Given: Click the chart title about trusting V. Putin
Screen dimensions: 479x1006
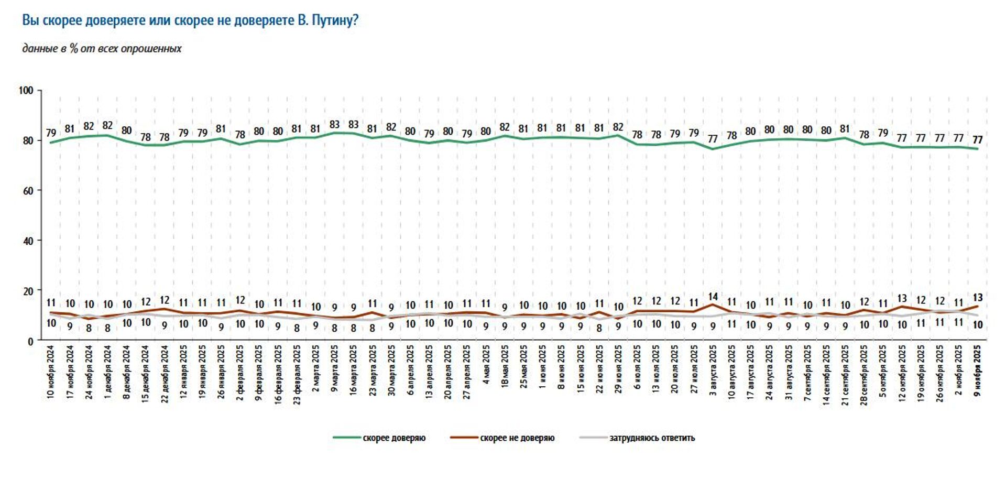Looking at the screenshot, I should point(190,20).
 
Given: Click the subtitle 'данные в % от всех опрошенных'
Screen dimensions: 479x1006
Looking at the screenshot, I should point(102,49).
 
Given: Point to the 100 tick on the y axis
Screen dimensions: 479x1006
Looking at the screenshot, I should point(26,91).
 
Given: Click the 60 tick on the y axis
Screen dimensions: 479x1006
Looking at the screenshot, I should point(28,191).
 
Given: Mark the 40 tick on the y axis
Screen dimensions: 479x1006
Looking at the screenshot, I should point(28,241).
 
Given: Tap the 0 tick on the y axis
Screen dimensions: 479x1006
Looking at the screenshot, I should point(30,342).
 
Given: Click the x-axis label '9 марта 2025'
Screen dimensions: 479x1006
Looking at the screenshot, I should point(334,369).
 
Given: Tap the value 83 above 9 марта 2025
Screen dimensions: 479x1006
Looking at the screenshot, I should point(334,125).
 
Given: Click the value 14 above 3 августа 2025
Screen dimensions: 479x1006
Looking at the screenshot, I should point(713,297).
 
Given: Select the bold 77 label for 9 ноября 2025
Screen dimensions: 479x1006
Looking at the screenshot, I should point(978,140).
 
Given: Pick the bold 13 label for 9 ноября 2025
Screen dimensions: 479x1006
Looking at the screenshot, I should point(978,298).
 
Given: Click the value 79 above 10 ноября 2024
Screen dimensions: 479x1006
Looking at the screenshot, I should point(51,133).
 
